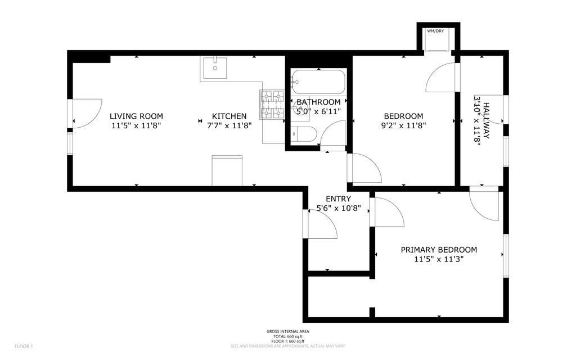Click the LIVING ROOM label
[x=136, y=116]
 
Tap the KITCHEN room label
[x=229, y=116]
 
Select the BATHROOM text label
[x=318, y=102]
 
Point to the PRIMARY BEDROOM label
[x=439, y=250]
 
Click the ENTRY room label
[x=338, y=199]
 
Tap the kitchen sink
[x=214, y=69]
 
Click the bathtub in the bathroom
[x=318, y=82]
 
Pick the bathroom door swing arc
[x=334, y=134]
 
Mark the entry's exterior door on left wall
[x=321, y=224]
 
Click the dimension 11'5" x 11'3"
[x=439, y=259]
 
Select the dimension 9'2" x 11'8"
[x=403, y=125]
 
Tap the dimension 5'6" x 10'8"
[x=338, y=208]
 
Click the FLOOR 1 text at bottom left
[x=24, y=346]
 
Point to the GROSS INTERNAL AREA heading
[x=287, y=331]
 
